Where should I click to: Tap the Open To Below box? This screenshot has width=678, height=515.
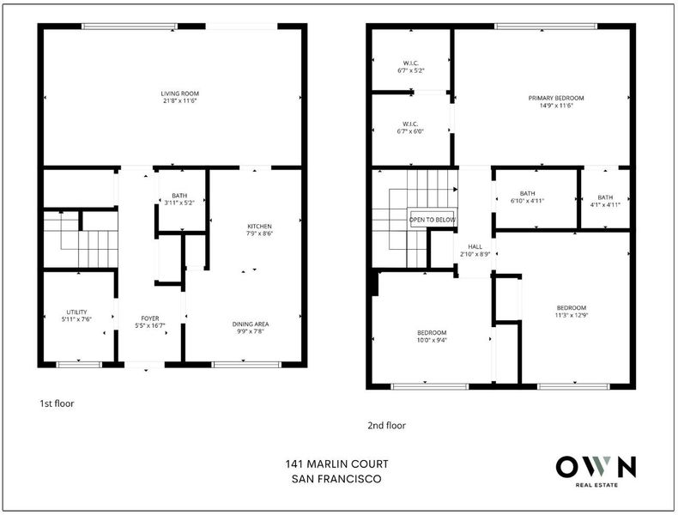tap(433, 220)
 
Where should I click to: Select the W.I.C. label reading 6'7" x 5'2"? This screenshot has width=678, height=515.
tap(411, 67)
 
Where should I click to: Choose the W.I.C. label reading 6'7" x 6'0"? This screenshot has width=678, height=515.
tap(410, 128)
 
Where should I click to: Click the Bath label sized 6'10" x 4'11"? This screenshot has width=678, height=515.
tap(527, 197)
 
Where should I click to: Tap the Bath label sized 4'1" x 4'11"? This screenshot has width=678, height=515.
tap(605, 201)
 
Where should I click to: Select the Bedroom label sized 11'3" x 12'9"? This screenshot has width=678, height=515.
tap(572, 312)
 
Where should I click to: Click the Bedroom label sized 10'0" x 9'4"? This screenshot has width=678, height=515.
tap(432, 336)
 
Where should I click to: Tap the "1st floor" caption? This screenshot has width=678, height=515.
tap(57, 403)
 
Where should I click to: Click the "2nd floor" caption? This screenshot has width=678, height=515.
tap(386, 426)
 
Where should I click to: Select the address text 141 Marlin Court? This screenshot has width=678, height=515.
tap(336, 464)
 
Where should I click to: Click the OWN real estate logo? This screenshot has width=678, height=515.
tap(596, 471)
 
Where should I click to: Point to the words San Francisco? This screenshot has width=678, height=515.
tap(336, 479)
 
